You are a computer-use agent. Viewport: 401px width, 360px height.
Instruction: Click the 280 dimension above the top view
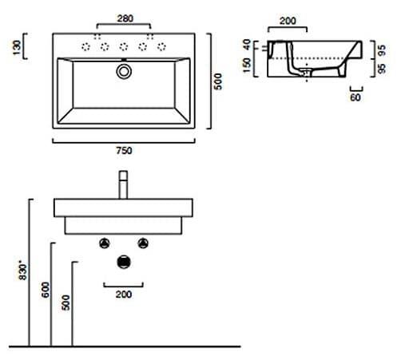pos(125,18)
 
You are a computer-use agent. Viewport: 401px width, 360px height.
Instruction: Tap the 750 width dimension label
pos(124,151)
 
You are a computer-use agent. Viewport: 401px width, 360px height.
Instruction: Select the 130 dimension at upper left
pos(17,48)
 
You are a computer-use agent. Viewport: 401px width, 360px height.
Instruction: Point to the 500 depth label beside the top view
pos(218,81)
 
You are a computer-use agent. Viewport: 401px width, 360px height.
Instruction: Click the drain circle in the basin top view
pos(124,71)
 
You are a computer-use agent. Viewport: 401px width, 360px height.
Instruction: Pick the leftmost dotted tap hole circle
pos(85,47)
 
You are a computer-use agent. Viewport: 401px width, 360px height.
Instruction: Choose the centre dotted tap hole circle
pos(124,47)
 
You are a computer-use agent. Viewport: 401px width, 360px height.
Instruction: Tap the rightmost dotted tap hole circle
pos(161,47)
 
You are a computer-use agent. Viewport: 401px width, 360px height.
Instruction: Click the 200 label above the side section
pos(288,21)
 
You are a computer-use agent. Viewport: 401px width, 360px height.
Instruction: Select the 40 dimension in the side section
pos(247,45)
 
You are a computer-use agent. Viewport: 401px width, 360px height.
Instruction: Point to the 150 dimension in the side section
pos(247,65)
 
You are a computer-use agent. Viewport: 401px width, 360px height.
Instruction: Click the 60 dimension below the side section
pos(355,97)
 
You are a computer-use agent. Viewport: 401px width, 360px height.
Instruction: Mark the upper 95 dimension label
pos(382,50)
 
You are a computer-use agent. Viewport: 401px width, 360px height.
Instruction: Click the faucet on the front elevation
pos(123,184)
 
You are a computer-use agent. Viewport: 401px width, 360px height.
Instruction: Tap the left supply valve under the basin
pos(105,243)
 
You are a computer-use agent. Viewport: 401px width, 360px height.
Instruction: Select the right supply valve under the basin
pos(143,243)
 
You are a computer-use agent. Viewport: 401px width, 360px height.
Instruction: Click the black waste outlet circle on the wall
pos(124,262)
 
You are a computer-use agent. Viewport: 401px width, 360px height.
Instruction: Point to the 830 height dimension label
pos(23,271)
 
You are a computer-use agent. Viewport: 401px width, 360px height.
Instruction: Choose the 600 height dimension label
pos(46,290)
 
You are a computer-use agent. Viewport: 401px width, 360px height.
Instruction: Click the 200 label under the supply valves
pos(124,295)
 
